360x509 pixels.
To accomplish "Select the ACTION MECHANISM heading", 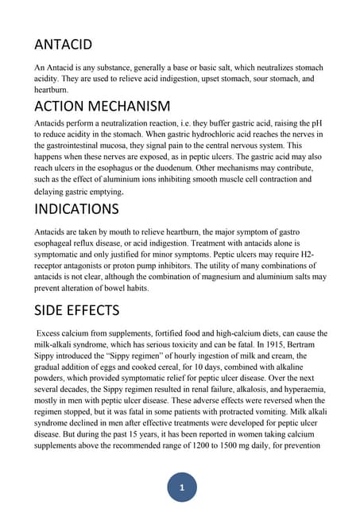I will click(103, 106).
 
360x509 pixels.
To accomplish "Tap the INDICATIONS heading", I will click(77, 210).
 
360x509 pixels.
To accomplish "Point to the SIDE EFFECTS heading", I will click(77, 310).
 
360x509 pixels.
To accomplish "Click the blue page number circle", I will click(182, 487).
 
